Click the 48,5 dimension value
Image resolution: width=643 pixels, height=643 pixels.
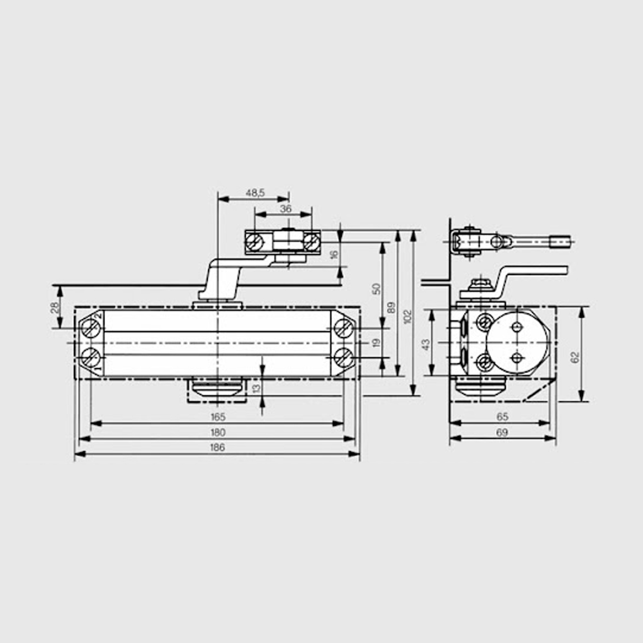(255, 193)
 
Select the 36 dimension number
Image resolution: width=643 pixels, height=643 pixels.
(286, 209)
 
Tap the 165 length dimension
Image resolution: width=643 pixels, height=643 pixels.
(218, 417)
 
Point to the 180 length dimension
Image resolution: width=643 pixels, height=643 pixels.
(218, 432)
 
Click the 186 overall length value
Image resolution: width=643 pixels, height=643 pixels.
(218, 447)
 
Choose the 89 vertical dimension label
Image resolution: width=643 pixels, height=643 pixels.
(392, 308)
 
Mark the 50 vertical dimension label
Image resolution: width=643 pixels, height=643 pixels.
(376, 289)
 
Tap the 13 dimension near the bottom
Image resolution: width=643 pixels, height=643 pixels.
(257, 388)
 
